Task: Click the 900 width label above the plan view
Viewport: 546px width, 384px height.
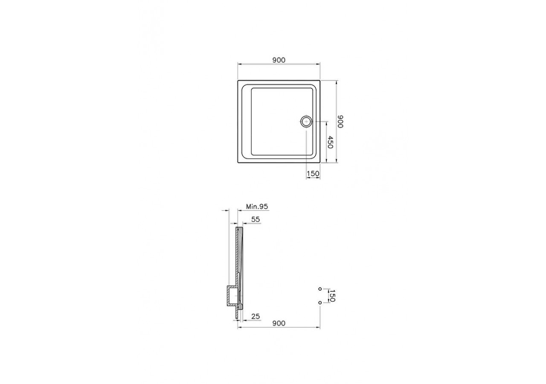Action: (x=279, y=60)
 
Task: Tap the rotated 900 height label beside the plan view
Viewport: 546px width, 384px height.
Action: (x=340, y=122)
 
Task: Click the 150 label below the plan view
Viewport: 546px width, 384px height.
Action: (x=313, y=173)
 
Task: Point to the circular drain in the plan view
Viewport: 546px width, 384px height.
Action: (x=306, y=122)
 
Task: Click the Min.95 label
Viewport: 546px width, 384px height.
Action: (x=257, y=207)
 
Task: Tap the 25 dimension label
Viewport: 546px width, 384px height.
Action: (x=256, y=316)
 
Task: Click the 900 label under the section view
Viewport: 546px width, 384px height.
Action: (x=279, y=323)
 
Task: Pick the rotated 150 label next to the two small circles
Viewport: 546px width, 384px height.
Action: (x=332, y=295)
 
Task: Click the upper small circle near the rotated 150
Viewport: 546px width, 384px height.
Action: (x=320, y=289)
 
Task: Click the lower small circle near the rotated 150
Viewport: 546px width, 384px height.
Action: (x=320, y=303)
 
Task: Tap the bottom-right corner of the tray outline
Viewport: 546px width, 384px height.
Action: (x=320, y=163)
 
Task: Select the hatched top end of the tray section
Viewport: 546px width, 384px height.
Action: (x=239, y=230)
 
